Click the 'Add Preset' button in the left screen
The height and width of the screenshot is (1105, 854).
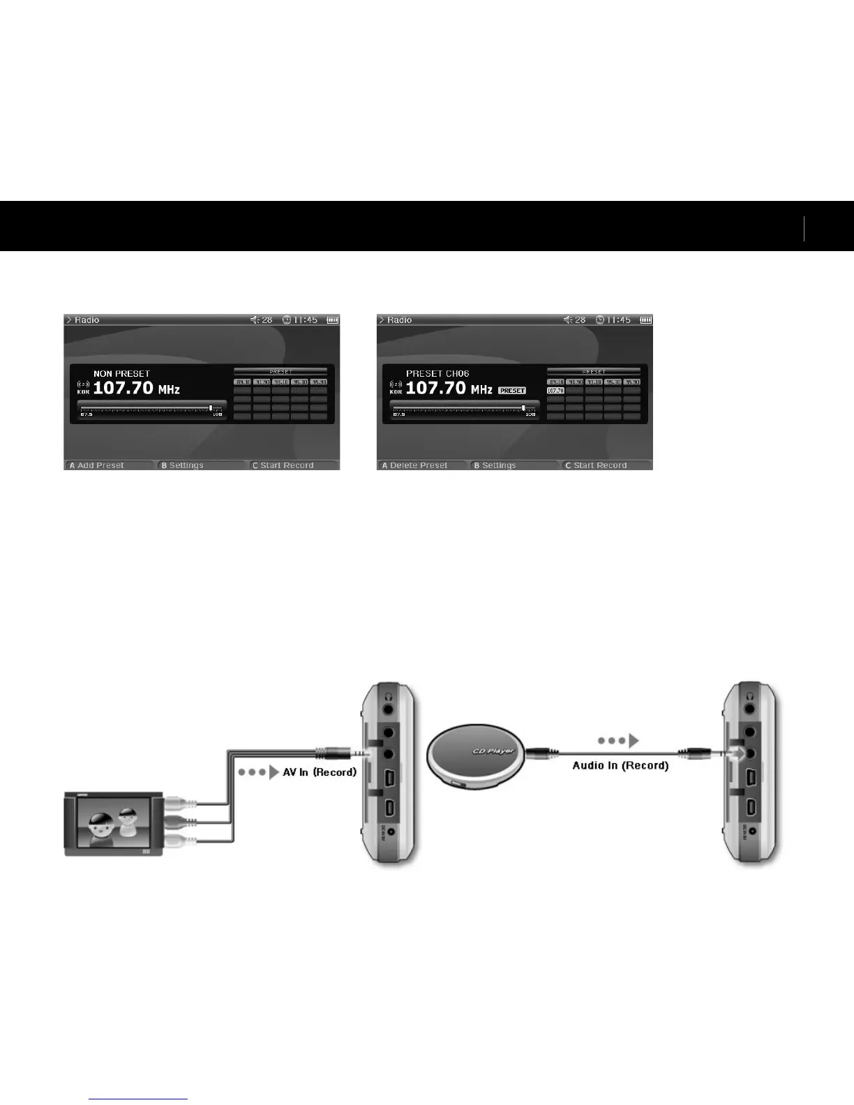(x=100, y=465)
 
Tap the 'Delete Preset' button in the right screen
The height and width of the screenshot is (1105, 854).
(x=419, y=465)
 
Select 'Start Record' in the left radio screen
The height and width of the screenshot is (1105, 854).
(x=287, y=465)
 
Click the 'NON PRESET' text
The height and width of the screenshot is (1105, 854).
(x=121, y=374)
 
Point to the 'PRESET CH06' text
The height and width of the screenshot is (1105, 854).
(x=437, y=374)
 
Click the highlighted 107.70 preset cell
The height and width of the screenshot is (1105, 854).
(x=555, y=391)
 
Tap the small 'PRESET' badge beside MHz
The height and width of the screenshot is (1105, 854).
(x=512, y=391)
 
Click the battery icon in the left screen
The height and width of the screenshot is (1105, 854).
(x=333, y=320)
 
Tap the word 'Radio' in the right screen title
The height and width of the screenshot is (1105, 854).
(x=400, y=320)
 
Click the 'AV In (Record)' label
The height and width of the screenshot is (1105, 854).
(x=320, y=772)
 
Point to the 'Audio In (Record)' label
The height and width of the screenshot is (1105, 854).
(x=620, y=765)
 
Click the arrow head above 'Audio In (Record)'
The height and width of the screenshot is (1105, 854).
(x=634, y=740)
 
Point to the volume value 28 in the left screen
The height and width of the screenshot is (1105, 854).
(x=267, y=320)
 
